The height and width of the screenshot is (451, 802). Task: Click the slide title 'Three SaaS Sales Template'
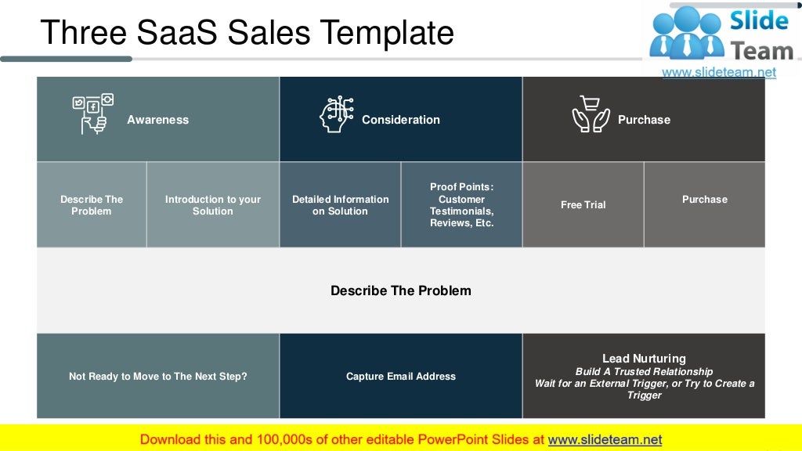247,33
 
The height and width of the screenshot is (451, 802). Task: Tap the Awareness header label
157,120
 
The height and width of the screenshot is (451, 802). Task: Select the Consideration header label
400,120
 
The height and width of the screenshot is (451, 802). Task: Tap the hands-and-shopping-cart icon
591,114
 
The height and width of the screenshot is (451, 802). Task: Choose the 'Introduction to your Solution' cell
212,205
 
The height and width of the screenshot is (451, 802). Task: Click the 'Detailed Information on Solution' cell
340,205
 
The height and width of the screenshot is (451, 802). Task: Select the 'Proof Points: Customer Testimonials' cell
461,205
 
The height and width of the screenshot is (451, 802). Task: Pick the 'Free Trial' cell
583,205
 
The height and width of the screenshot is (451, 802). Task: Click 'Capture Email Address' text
400,377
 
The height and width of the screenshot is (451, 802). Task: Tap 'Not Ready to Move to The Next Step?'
157,377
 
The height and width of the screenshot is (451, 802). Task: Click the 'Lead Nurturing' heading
644,359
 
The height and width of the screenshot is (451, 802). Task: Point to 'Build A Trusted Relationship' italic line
644,372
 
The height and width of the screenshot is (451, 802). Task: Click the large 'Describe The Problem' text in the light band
400,290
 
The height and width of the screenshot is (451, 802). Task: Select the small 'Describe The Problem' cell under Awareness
92,205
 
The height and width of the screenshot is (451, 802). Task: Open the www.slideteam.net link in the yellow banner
605,439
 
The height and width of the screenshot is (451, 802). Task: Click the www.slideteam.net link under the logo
718,72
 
